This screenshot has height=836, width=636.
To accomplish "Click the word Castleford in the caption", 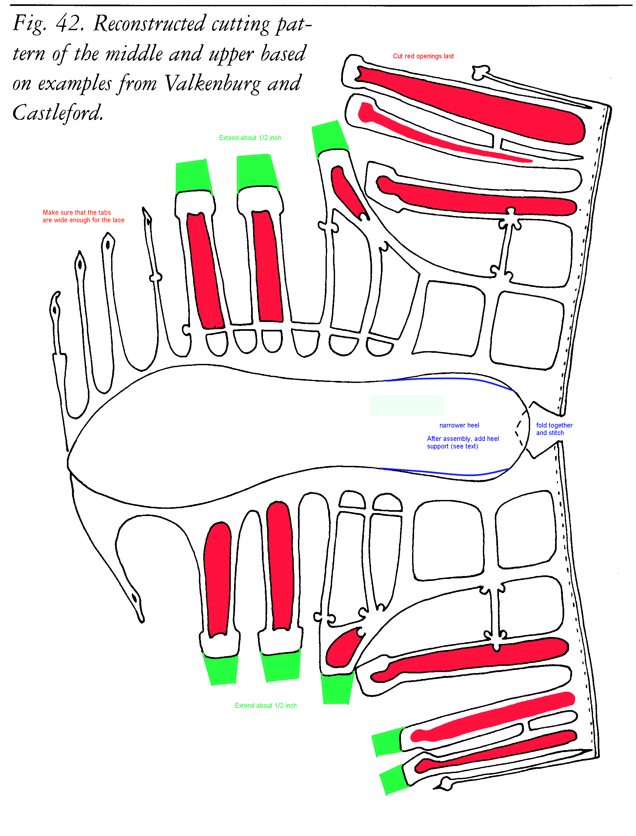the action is (x=58, y=112).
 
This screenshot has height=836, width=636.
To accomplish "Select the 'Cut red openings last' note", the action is (x=423, y=56).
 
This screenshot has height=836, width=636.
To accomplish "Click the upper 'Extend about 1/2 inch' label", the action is (x=250, y=138).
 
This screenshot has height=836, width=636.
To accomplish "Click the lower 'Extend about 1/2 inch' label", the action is (x=266, y=706).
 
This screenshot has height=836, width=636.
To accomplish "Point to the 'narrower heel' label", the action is (x=459, y=425).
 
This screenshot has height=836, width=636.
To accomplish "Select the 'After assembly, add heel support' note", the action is (x=463, y=442).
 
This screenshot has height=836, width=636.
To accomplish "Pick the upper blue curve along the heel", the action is (x=450, y=378).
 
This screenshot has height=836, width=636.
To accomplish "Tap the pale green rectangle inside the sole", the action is (x=407, y=406).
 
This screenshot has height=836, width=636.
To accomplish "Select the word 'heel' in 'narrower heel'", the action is (x=472, y=425).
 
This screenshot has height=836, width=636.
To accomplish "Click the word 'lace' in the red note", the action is (x=118, y=220).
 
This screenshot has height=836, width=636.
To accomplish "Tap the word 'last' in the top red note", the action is (x=448, y=56).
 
